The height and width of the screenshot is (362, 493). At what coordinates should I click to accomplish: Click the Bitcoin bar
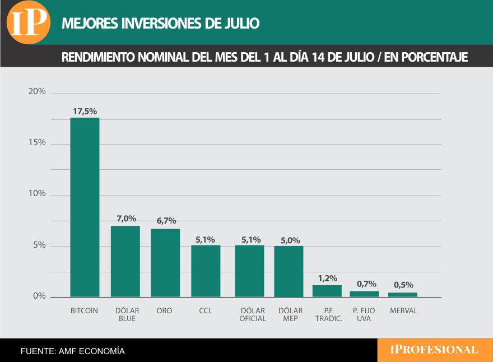pos(85,207)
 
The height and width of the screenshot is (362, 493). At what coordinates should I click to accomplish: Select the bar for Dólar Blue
pos(125,261)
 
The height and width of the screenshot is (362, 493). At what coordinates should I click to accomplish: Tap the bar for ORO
pos(165,263)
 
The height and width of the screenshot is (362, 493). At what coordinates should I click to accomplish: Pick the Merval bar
pos(403,295)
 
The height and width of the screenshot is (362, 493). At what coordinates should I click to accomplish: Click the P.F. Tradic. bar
pos(327,291)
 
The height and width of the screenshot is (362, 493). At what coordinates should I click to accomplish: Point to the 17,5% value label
pos(85,112)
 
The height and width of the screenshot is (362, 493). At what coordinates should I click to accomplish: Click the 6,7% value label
pos(165,221)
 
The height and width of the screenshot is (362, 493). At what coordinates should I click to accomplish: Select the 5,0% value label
pos(290,240)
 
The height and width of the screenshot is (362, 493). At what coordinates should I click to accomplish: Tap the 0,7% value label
pos(366,284)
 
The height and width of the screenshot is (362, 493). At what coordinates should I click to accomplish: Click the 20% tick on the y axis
pos(37,92)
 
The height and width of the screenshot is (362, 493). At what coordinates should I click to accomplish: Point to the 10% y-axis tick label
pos(37,194)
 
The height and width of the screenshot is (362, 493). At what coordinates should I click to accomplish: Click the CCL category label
pos(206,310)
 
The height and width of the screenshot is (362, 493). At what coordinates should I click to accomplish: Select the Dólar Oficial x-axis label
pos(253,314)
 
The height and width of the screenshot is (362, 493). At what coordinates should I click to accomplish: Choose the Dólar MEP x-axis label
pos(290,314)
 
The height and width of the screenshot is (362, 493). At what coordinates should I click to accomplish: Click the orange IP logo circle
pos(29,22)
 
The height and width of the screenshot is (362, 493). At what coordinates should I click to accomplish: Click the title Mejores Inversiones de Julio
pos(160,24)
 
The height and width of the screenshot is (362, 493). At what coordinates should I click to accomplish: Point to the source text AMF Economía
pos(73,351)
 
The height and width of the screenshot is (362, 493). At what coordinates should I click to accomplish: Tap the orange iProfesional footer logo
pos(434,350)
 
